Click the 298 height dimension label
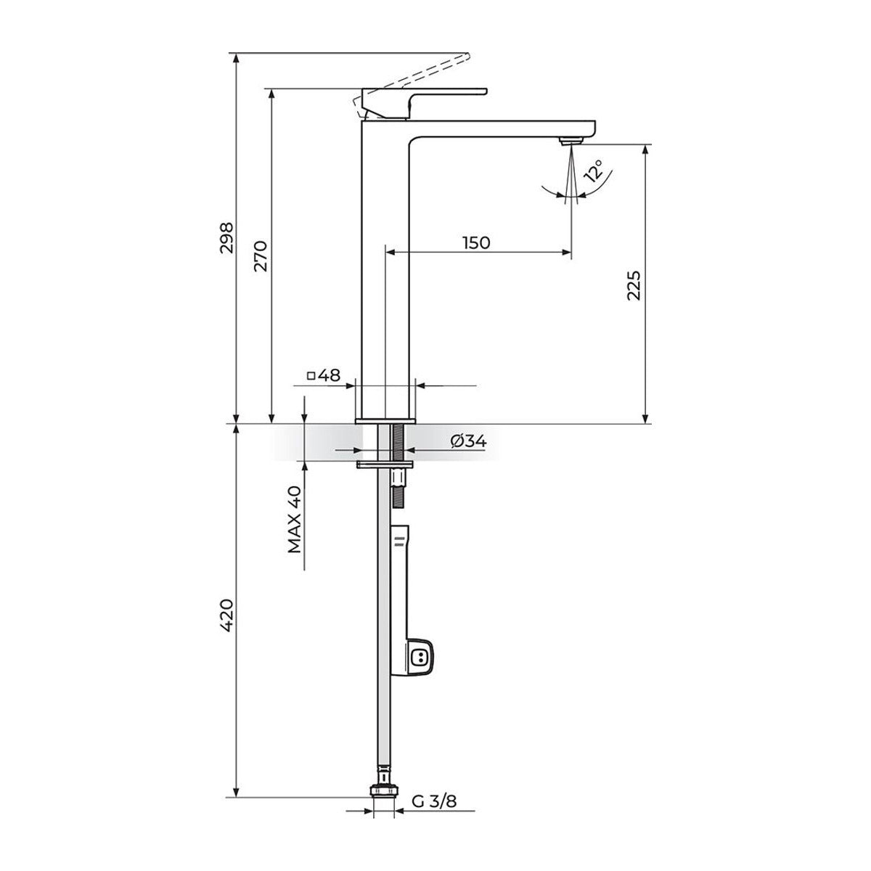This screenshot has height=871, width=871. tap(226, 237)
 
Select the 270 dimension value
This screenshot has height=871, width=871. tap(261, 255)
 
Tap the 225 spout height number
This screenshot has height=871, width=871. tap(634, 285)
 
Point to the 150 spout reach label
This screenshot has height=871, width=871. tap(476, 242)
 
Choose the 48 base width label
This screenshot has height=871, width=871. tap(329, 375)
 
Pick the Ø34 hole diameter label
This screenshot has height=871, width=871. tap(469, 441)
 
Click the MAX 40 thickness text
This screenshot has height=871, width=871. tap(295, 520)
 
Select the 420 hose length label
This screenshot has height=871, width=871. tap(226, 615)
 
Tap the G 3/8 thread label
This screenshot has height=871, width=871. tap(434, 801)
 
